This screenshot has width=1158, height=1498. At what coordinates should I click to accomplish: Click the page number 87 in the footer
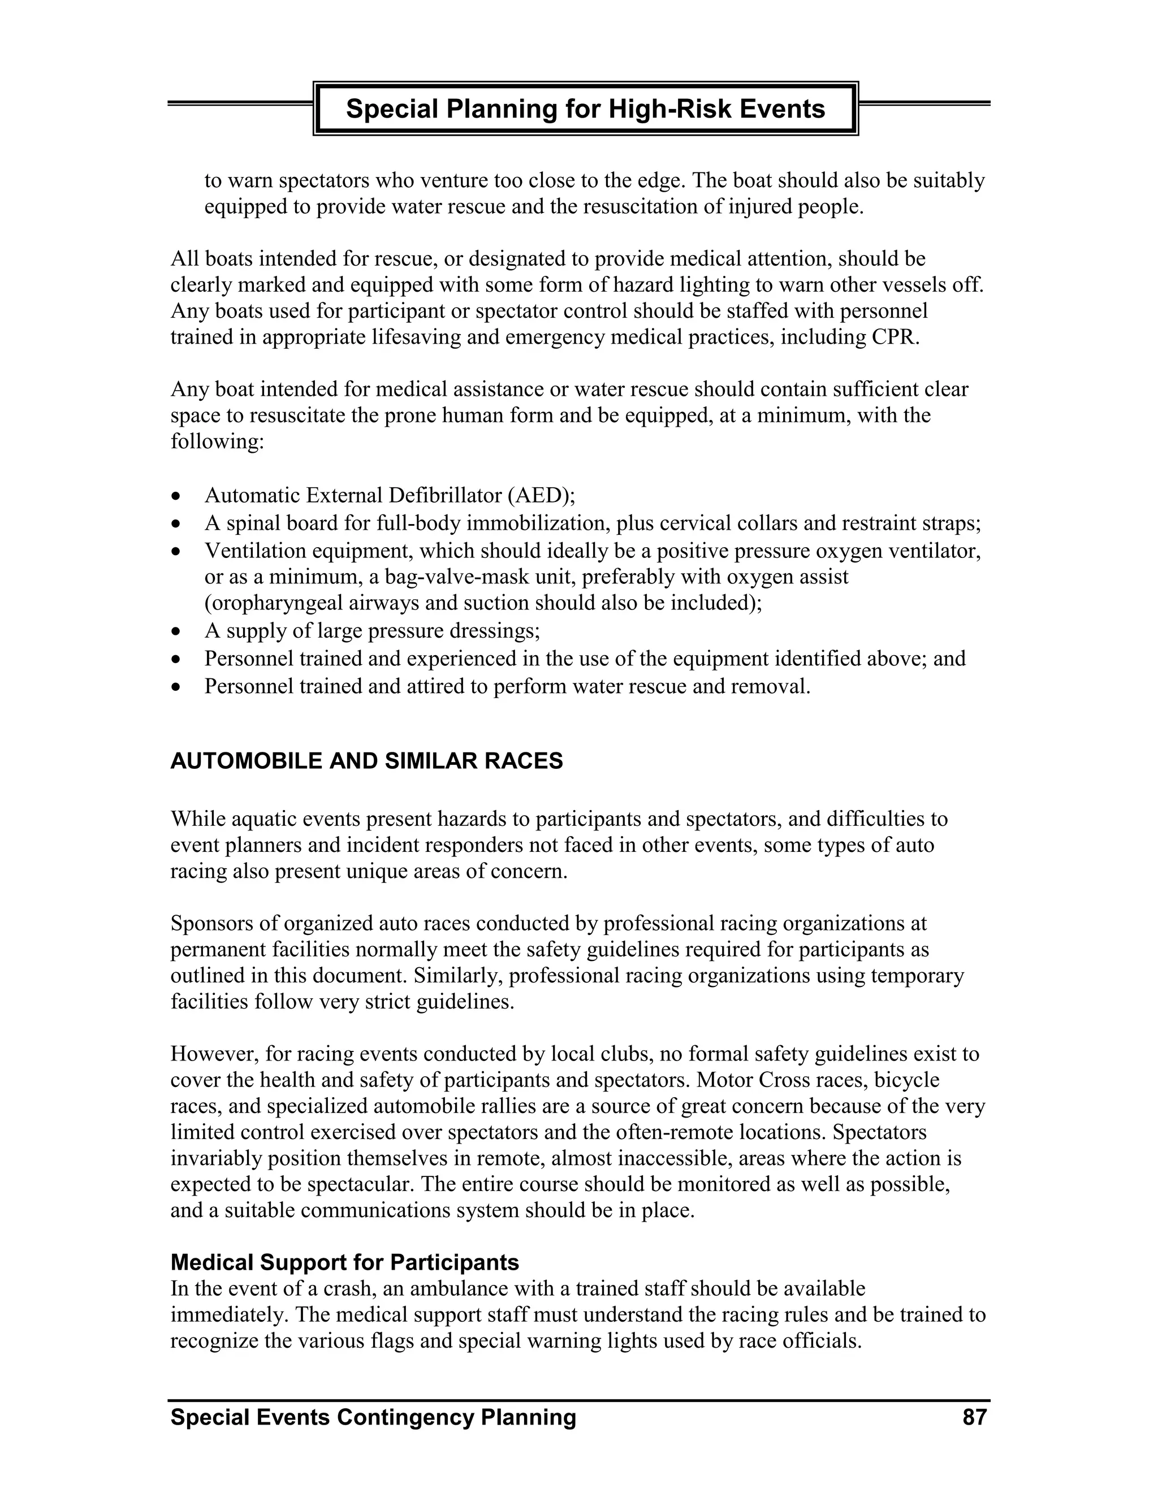974,1417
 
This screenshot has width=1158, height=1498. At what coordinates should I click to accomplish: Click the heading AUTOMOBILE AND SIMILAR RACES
366,761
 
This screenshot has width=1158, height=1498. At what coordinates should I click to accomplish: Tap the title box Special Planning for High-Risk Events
585,109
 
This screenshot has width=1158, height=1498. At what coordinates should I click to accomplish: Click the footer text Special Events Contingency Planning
373,1417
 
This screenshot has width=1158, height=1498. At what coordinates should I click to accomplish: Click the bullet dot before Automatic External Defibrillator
177,496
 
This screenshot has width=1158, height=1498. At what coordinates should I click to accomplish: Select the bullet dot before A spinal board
177,524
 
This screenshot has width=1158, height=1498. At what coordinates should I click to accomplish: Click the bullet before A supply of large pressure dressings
177,631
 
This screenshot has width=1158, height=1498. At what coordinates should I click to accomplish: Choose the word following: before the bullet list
217,441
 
